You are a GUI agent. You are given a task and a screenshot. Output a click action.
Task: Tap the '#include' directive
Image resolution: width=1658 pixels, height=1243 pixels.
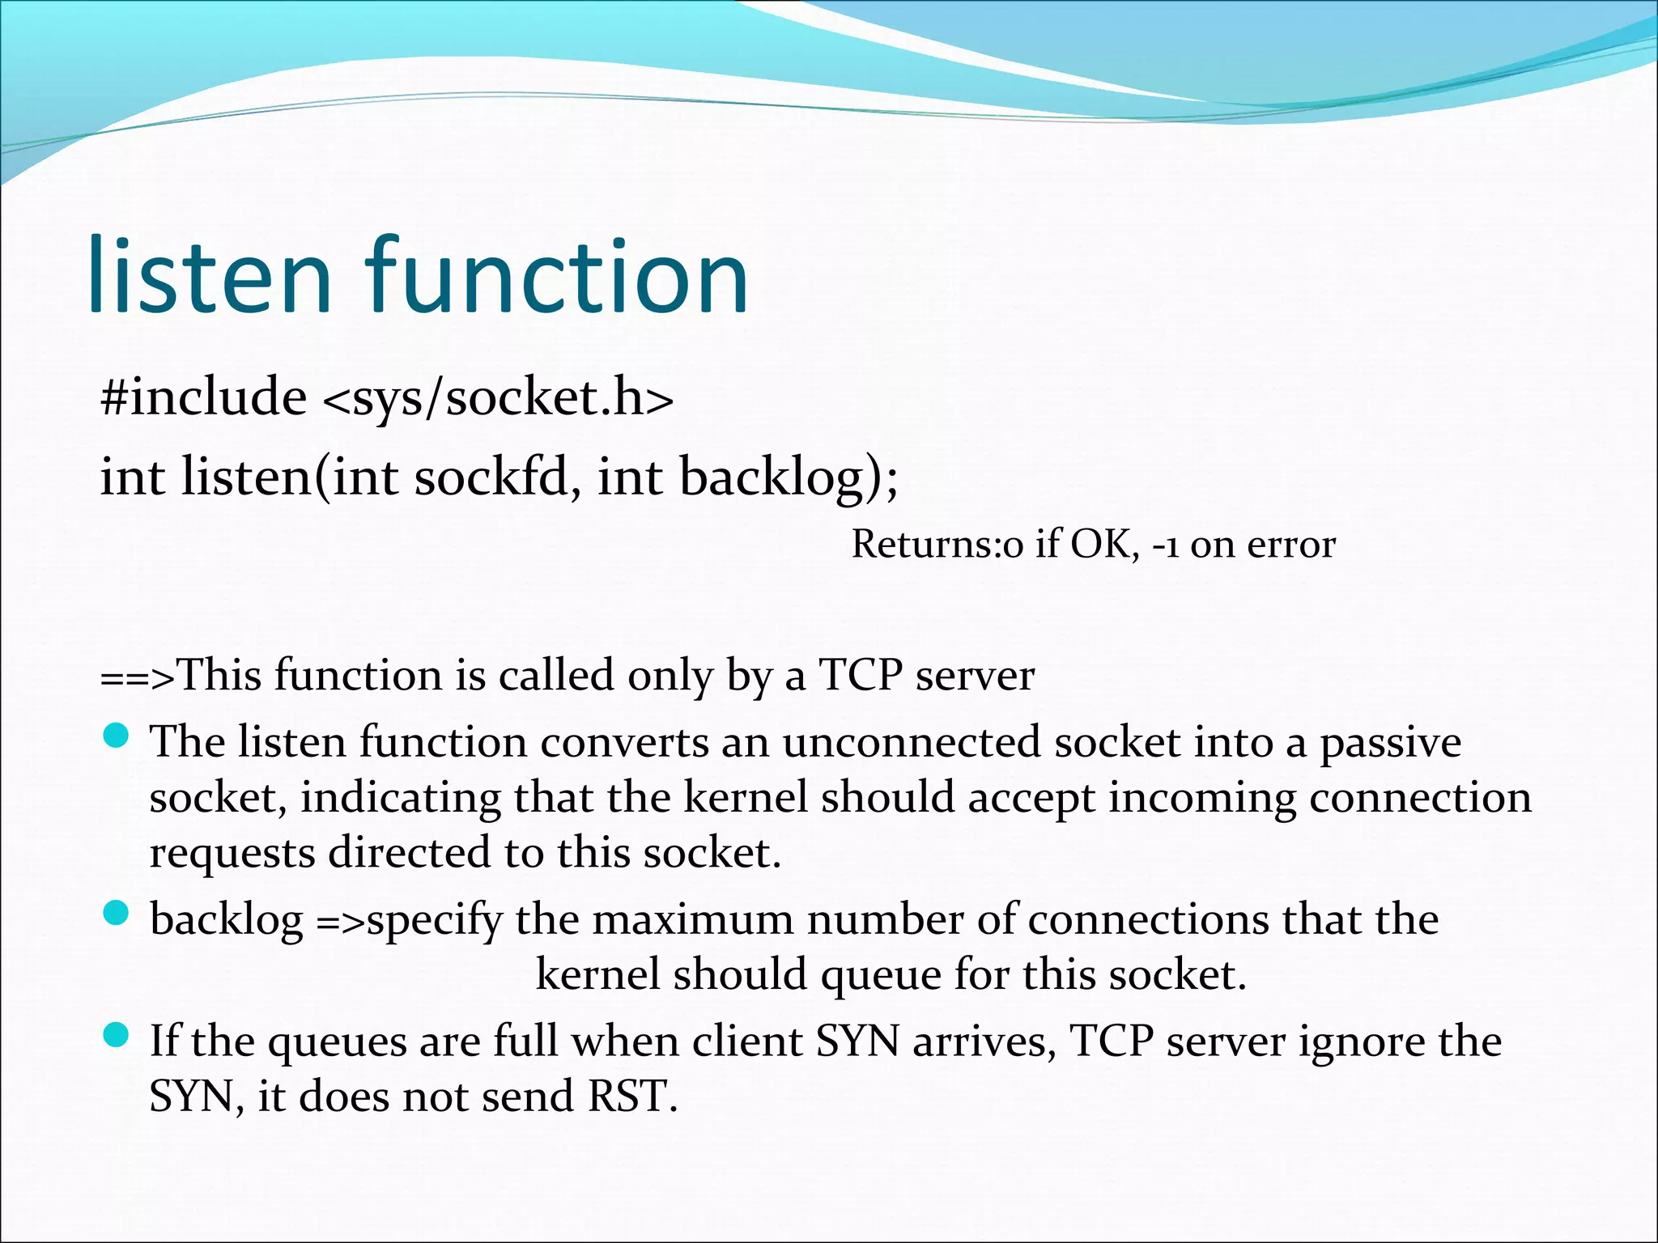coord(203,397)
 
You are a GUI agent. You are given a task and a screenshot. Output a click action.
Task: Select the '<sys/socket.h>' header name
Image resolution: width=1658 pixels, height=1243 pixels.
coord(498,399)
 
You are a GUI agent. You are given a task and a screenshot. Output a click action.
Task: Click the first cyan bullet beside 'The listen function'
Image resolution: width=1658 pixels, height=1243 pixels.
coord(117,736)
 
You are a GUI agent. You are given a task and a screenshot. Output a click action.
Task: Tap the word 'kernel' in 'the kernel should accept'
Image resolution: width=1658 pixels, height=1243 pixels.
coord(746,797)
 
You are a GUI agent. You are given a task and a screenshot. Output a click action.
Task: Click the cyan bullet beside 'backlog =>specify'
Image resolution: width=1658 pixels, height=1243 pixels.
coord(117,914)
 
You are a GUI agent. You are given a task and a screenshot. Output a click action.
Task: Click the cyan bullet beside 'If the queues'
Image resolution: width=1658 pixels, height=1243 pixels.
coord(117,1035)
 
